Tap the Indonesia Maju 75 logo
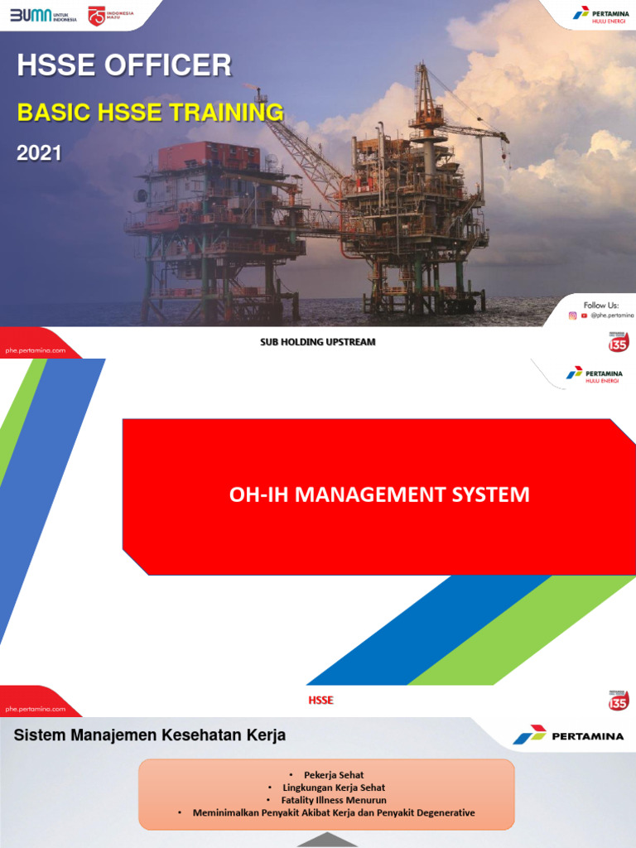111,16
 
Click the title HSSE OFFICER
124,65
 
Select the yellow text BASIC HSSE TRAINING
151,112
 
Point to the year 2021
39,153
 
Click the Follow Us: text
600,305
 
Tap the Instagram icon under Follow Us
572,316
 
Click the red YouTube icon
584,316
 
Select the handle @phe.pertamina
611,316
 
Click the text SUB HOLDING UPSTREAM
318,342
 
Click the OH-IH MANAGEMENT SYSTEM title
378,495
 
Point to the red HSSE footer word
320,701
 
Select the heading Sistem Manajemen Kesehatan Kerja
150,735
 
